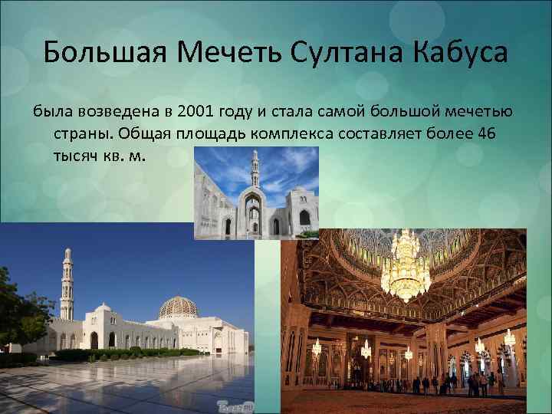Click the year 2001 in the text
coord(195,112)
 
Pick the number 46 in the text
coord(486,133)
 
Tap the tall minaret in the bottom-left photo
coord(67,284)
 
